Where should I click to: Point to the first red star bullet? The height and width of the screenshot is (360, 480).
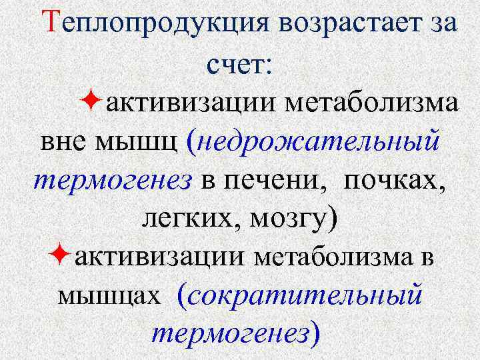pyautogui.click(x=93, y=103)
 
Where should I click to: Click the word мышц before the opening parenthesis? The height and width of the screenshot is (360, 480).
pyautogui.click(x=137, y=143)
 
